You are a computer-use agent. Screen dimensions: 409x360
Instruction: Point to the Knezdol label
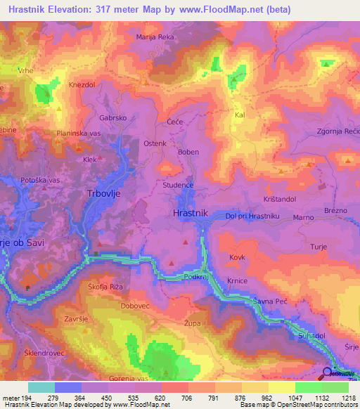[x=82, y=84]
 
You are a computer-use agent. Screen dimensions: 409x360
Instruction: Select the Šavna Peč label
[x=271, y=301]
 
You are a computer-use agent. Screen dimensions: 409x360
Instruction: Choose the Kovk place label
[x=236, y=258]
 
